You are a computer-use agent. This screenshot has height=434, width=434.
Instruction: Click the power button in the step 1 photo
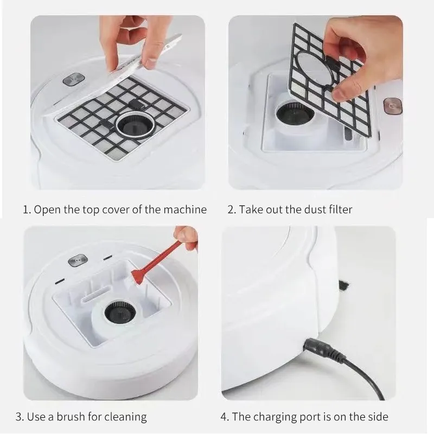point(71,80)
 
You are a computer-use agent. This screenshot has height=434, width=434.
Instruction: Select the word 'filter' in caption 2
point(340,209)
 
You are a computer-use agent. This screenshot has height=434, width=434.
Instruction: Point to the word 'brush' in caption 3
point(73,417)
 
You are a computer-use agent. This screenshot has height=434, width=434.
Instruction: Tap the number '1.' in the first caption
point(26,209)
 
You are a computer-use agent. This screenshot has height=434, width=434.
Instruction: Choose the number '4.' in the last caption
point(225,417)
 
